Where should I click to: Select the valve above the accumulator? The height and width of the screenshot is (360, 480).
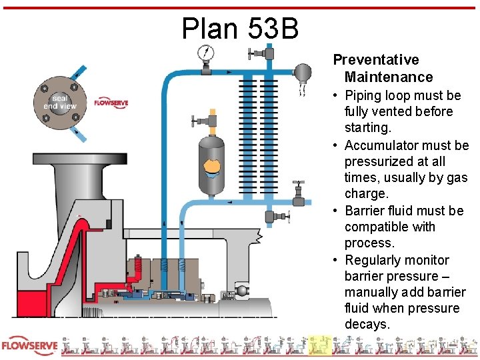[207, 121]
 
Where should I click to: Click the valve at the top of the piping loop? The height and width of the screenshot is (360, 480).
[270, 52]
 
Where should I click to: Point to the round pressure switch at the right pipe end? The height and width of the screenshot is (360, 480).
[304, 72]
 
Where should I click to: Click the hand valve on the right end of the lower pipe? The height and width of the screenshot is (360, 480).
[301, 194]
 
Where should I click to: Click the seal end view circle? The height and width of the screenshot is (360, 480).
[60, 103]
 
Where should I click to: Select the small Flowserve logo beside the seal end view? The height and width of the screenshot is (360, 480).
[111, 103]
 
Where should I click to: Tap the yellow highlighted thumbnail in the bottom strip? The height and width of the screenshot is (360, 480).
[321, 345]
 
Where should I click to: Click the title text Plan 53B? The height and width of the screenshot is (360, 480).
[240, 28]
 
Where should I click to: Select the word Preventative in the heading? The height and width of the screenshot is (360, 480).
[376, 60]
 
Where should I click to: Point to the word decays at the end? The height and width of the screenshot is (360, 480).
[367, 325]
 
